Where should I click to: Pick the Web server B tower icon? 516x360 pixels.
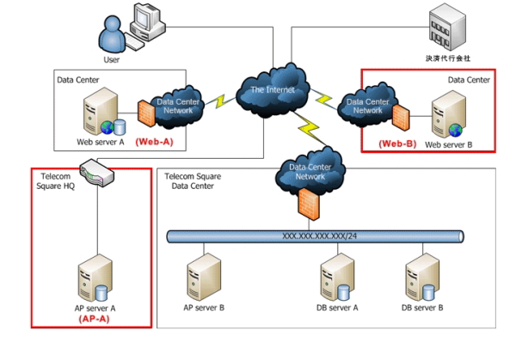coord(448,118)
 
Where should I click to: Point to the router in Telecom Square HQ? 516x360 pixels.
coord(95,173)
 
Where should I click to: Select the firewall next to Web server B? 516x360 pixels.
coord(401,115)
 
